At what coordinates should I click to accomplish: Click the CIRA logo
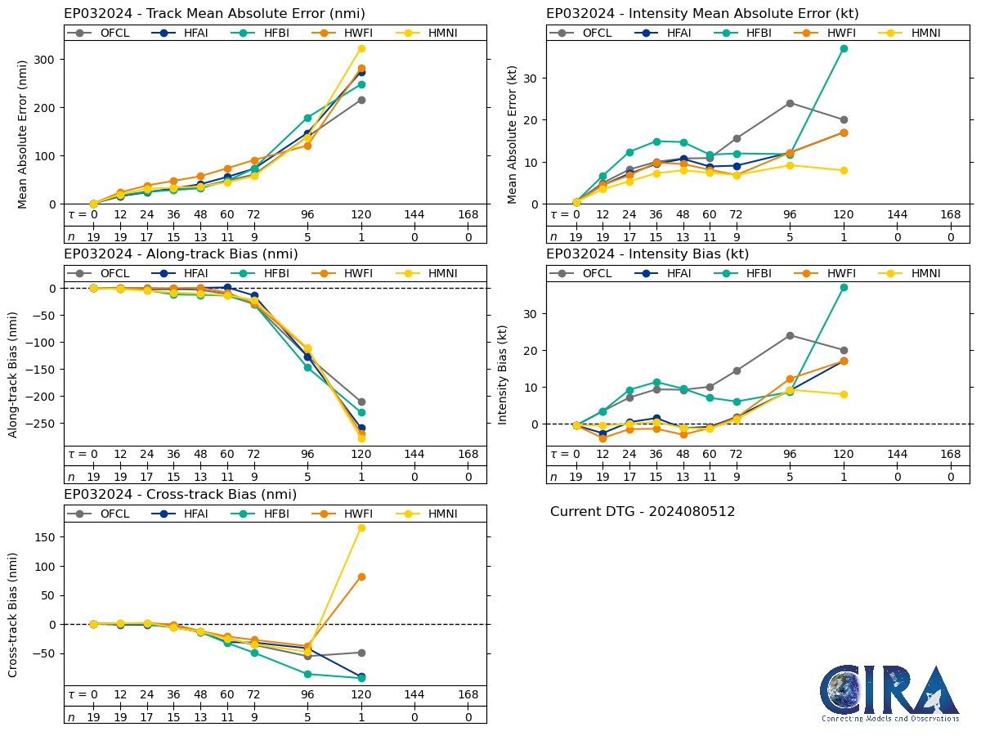(x=889, y=693)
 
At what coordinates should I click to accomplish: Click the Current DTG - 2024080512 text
(x=643, y=512)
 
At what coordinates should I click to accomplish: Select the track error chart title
(x=214, y=14)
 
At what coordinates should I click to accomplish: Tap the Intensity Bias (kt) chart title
(x=647, y=254)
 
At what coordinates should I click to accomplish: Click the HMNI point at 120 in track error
(x=361, y=48)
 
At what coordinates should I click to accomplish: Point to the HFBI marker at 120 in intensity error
(x=844, y=48)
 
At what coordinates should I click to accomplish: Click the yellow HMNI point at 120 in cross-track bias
(x=361, y=527)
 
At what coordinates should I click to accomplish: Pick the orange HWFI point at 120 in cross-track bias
(x=361, y=577)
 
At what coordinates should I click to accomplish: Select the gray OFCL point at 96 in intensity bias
(x=790, y=335)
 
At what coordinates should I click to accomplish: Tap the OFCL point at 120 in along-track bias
(x=361, y=402)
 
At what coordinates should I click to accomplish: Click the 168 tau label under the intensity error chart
(x=951, y=214)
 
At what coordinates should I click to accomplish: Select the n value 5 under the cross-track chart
(x=307, y=717)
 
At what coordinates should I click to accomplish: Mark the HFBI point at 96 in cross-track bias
(x=307, y=674)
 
